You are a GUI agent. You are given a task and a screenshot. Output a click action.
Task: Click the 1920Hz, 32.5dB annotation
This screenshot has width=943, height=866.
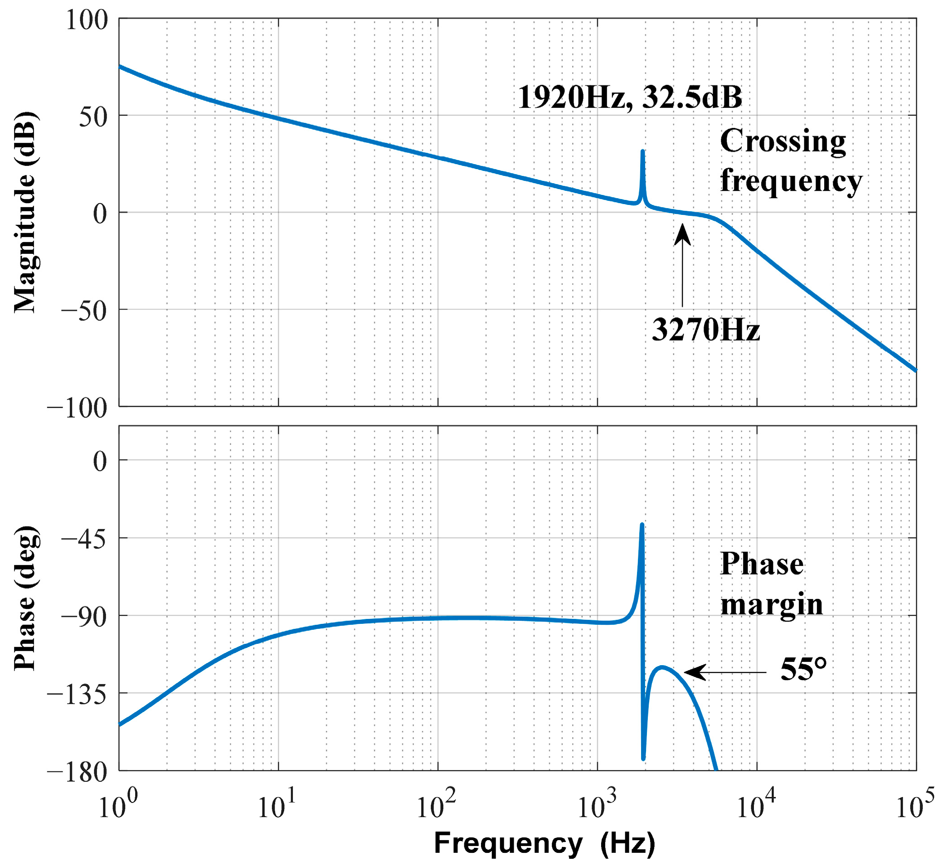pos(630,98)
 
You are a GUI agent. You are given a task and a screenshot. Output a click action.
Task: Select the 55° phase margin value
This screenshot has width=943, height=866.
pos(803,670)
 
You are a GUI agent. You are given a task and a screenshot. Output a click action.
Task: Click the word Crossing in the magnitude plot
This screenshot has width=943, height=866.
pos(783,141)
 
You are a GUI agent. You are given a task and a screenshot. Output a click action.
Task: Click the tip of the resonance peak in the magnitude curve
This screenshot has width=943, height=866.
pos(642,152)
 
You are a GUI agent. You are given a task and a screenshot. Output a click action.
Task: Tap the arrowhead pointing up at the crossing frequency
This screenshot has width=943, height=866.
pos(682,234)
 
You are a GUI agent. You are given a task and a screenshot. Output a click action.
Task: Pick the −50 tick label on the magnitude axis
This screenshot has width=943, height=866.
pos(83,310)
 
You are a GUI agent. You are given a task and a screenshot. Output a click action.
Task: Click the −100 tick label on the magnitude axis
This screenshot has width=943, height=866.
pos(77,408)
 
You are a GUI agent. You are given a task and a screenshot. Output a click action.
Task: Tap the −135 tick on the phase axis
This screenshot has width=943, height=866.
pos(77,695)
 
